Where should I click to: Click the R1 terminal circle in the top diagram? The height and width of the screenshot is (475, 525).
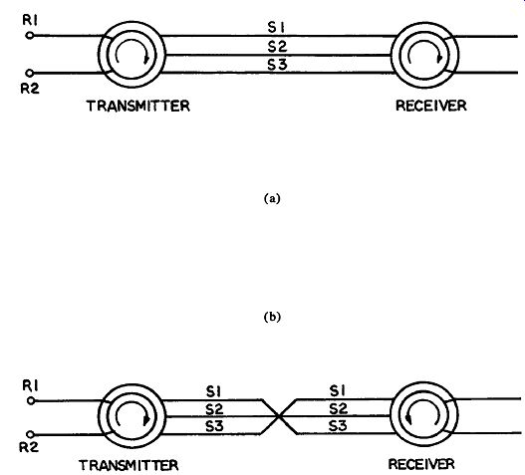coord(30,35)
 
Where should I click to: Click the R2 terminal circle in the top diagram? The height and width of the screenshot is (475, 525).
coord(30,73)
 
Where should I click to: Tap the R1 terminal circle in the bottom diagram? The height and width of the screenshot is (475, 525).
coord(31,400)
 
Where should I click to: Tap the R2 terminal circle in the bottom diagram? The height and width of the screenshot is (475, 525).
coord(30,434)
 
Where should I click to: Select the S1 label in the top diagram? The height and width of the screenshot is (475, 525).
coord(276,28)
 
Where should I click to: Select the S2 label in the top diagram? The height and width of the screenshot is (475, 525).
coord(277,46)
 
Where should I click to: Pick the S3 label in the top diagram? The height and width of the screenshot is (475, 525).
coord(277,65)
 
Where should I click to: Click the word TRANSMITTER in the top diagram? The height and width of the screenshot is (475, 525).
coord(138,106)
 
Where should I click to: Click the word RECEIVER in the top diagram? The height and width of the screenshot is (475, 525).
coord(431,106)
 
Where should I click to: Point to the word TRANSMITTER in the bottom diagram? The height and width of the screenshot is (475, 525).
coord(129,465)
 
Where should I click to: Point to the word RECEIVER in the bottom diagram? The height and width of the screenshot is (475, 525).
coord(421,464)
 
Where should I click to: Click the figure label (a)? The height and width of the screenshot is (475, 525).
coord(272,199)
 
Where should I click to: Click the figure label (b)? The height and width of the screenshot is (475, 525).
coord(272,317)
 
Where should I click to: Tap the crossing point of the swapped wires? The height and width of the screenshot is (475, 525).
coord(279,417)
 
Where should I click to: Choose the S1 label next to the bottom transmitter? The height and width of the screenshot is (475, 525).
coord(213,391)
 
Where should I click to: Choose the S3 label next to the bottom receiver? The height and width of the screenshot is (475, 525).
coord(338,426)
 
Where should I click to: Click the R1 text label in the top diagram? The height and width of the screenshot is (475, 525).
coord(30,20)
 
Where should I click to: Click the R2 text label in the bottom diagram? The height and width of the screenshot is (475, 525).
coord(29,447)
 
